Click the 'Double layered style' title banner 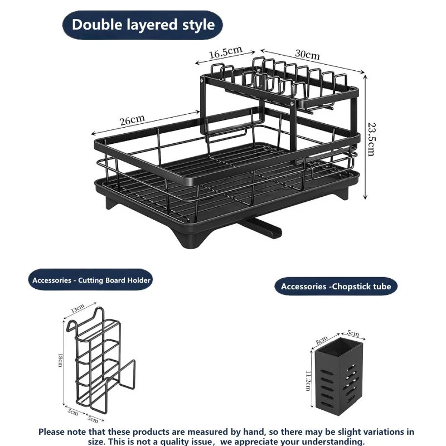[x=142, y=25]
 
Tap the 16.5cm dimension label [x=226, y=52]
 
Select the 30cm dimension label [x=307, y=54]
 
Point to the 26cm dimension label [x=132, y=120]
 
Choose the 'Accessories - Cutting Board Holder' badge [x=91, y=280]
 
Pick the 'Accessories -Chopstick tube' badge [x=336, y=286]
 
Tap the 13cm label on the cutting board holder [x=77, y=308]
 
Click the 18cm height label [x=60, y=360]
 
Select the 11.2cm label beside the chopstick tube [x=308, y=381]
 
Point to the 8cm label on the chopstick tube [x=322, y=340]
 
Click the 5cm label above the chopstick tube [x=353, y=333]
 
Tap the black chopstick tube [x=338, y=377]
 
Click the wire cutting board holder [x=100, y=361]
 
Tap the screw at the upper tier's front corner [x=292, y=104]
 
